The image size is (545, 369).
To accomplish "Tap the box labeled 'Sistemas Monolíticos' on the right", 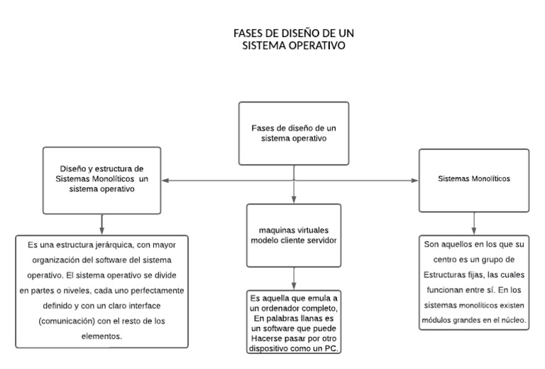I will pos(473,179).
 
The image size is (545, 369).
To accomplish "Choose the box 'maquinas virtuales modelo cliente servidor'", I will pos(293,235).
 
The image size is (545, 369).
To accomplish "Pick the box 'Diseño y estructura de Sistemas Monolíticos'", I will pos(102,179).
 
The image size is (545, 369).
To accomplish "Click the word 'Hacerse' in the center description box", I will pos(264,338).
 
